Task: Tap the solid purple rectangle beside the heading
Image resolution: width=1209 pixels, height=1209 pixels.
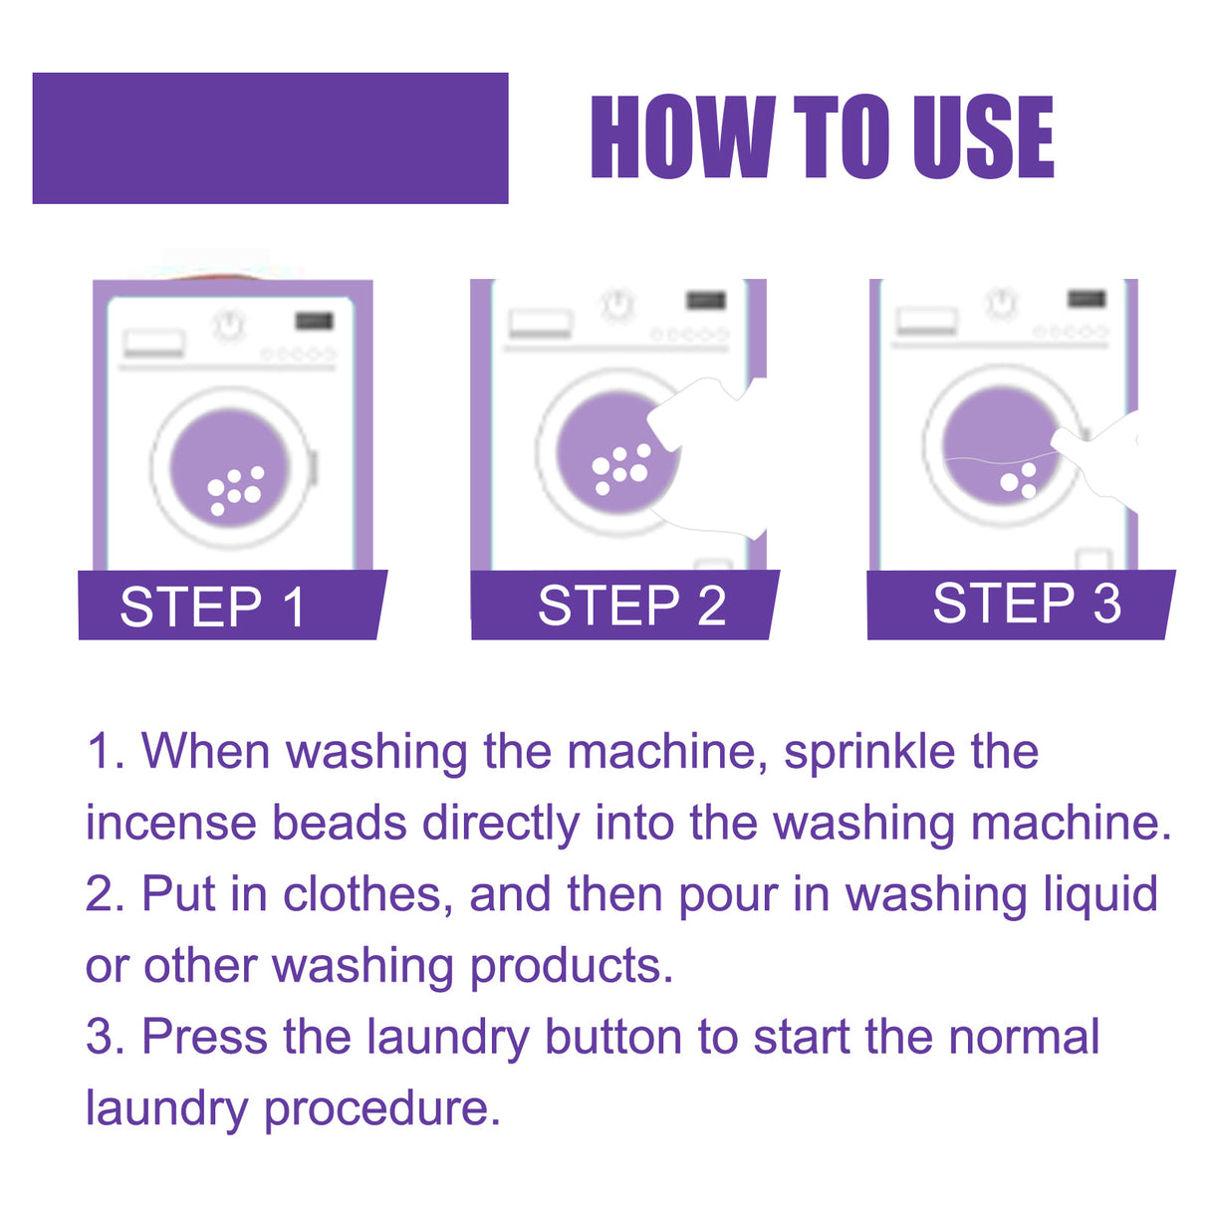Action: (270, 137)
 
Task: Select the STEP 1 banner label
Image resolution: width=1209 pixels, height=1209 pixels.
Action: (212, 606)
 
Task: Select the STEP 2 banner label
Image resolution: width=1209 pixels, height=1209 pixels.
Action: (631, 605)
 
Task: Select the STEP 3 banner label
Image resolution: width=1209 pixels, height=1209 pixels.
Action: (1026, 604)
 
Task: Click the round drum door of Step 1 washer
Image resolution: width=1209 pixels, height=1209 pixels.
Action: (231, 467)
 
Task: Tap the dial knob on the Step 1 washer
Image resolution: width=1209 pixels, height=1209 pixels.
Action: (230, 325)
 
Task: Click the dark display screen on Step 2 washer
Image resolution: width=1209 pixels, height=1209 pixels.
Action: (705, 300)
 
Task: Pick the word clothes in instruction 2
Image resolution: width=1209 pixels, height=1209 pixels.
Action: (362, 894)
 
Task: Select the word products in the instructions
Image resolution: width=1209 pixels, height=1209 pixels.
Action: (571, 966)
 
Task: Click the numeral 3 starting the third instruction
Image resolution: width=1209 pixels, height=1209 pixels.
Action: (102, 1038)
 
